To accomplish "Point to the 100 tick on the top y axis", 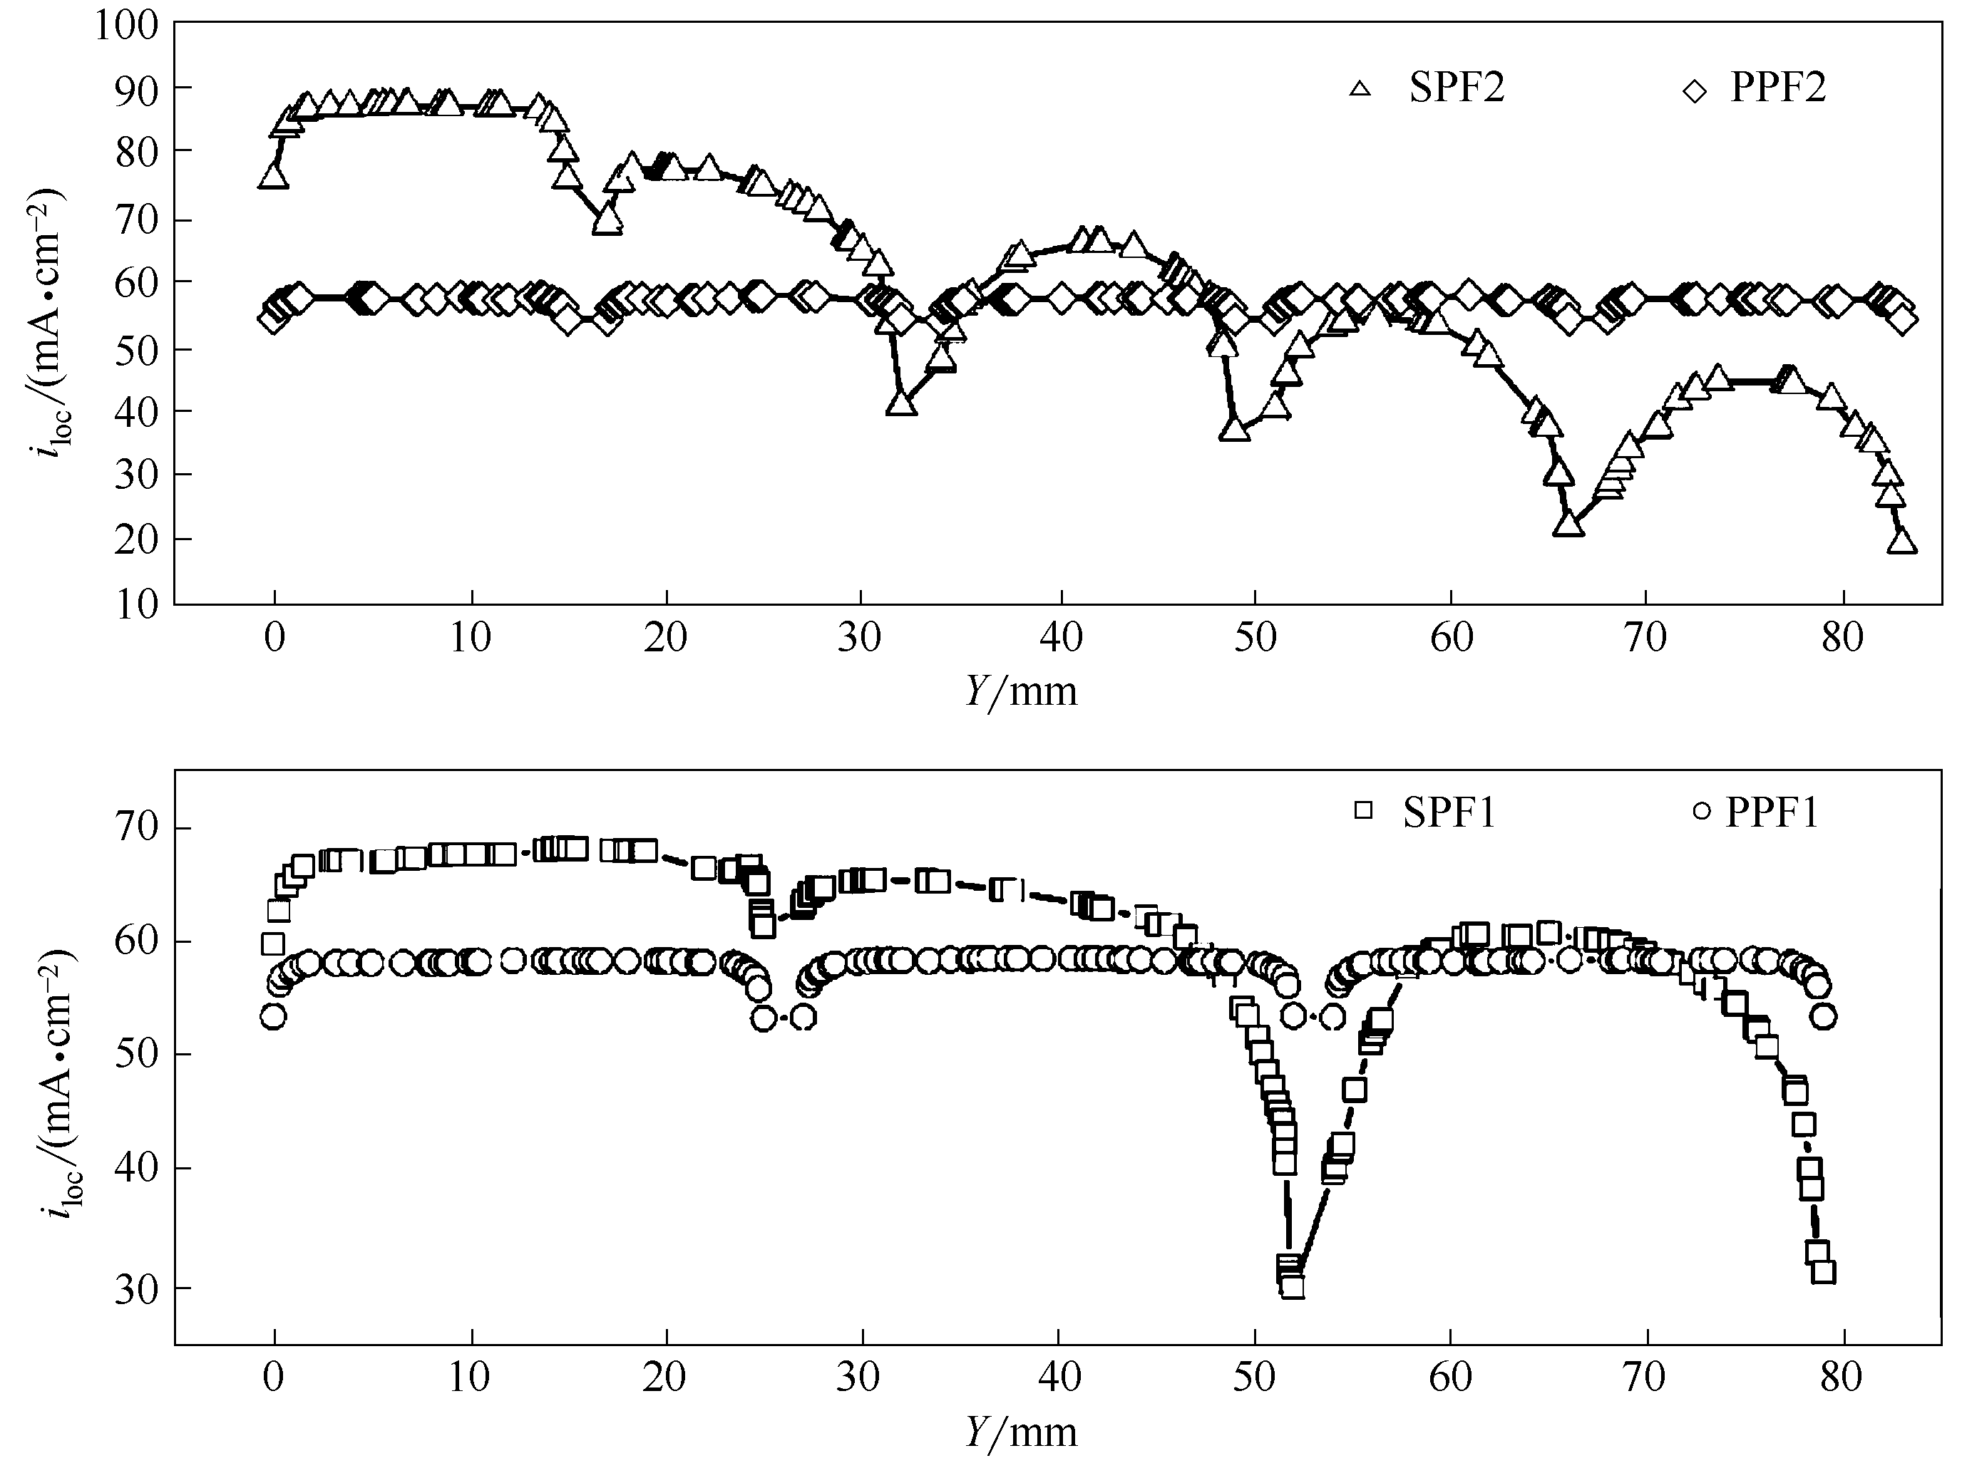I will [x=126, y=26].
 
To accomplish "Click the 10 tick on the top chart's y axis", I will [x=136, y=604].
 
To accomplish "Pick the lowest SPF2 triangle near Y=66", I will [x=1568, y=525].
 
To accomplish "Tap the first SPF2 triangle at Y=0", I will [x=274, y=177].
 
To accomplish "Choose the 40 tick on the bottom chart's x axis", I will [x=1059, y=1377].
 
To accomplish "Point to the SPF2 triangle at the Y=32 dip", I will [x=901, y=403].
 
